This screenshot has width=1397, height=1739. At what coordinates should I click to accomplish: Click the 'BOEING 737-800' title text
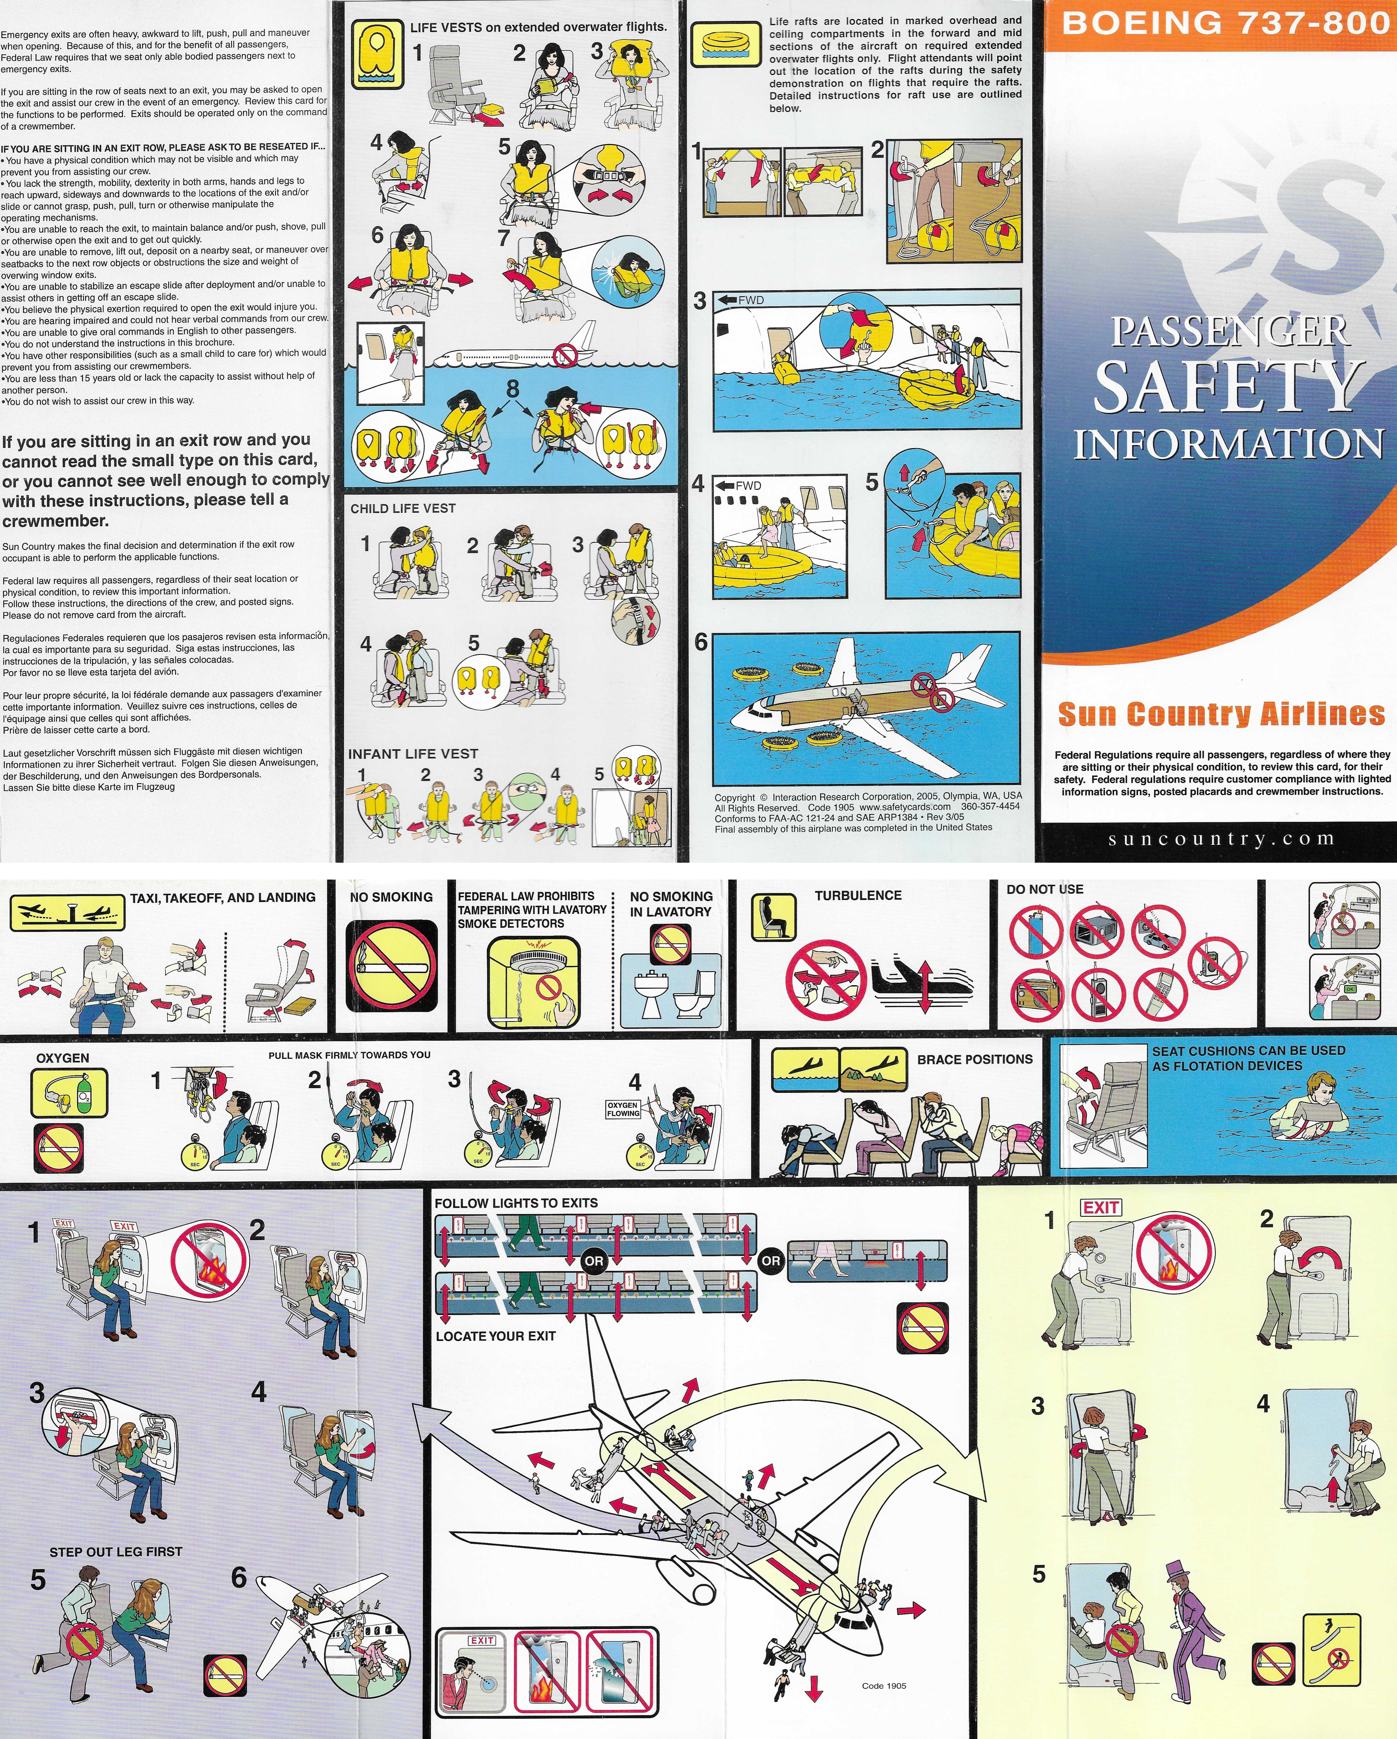(x=1225, y=23)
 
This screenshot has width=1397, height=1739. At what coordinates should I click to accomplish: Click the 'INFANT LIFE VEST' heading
(x=413, y=754)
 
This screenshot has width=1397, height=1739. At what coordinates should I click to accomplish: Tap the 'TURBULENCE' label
(x=858, y=895)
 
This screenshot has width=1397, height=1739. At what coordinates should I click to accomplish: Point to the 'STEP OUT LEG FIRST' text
(x=116, y=1551)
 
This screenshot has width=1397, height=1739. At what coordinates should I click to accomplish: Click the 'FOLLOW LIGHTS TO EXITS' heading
(x=516, y=1203)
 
